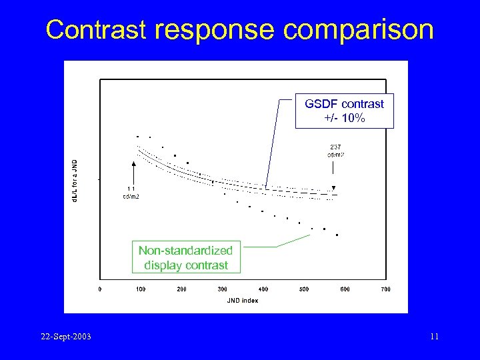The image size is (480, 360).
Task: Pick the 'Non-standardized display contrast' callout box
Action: tap(185, 258)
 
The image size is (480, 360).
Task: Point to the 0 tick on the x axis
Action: tap(100, 289)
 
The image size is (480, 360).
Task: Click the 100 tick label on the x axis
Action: tap(141, 289)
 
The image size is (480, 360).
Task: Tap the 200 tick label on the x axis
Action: tap(181, 289)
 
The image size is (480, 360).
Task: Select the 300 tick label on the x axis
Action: tap(222, 289)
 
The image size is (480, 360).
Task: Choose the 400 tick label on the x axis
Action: tap(263, 289)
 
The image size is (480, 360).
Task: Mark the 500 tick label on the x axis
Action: tap(304, 289)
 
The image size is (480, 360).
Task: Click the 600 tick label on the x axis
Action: tap(345, 289)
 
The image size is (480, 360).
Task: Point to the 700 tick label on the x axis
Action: tap(385, 289)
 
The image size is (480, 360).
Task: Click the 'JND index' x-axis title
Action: tap(242, 301)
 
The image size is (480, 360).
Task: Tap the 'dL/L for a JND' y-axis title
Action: tap(75, 181)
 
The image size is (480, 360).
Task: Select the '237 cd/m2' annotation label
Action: tap(335, 151)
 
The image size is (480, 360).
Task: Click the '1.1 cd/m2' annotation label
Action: tap(131, 192)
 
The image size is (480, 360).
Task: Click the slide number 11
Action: tap(434, 337)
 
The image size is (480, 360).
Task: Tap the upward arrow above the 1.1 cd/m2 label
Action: tap(134, 171)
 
